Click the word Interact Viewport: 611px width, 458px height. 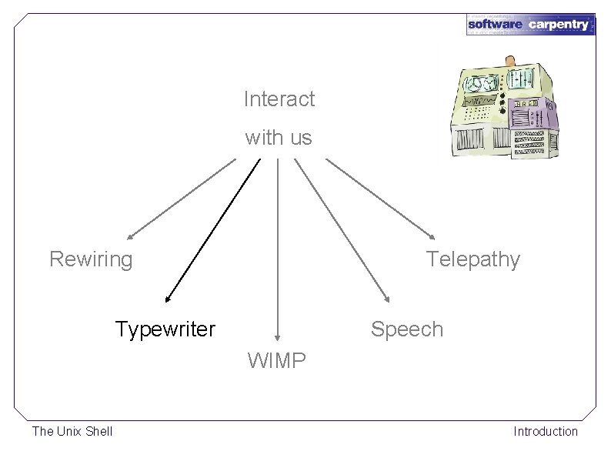coord(279,99)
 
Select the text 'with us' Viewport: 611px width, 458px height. coord(279,139)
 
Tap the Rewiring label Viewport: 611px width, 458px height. coord(91,259)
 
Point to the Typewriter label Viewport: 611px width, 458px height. coord(165,329)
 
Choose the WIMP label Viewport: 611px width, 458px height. coord(277,360)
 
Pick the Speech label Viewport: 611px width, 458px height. coord(407,329)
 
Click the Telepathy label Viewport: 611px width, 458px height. coord(473,259)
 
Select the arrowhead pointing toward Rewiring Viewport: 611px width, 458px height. coord(131,236)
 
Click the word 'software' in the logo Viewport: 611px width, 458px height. coord(496,25)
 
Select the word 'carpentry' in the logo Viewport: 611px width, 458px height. coord(559,25)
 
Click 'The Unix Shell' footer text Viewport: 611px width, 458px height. coord(72,431)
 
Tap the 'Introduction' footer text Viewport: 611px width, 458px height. coord(546,431)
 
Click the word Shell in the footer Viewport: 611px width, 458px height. coord(98,431)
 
